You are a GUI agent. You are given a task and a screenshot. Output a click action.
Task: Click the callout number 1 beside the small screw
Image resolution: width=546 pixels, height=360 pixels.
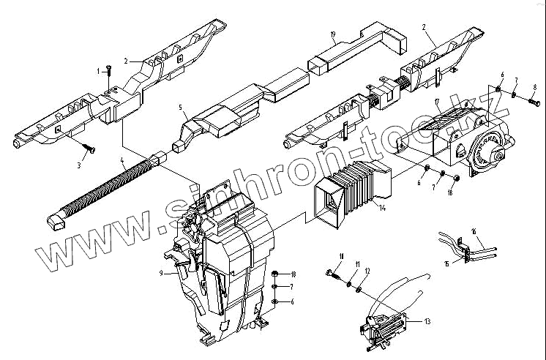pyautogui.click(x=98, y=71)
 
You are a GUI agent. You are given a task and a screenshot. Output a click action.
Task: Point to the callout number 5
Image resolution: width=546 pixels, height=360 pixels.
pyautogui.click(x=179, y=107)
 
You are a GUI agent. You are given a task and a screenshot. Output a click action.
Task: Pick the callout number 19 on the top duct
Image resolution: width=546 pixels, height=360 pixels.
pyautogui.click(x=332, y=35)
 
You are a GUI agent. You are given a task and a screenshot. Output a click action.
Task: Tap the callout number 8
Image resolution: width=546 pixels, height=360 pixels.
pyautogui.click(x=535, y=87)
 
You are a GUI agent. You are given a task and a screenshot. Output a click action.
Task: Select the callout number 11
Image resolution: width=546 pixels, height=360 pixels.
pyautogui.click(x=358, y=263)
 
